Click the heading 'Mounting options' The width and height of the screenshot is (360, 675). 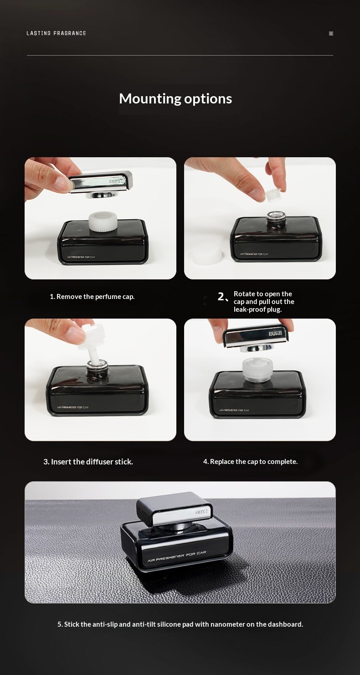[175, 99]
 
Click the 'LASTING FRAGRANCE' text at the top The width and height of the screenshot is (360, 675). [57, 33]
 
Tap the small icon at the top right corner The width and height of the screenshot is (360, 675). [331, 33]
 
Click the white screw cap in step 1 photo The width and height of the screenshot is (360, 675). [103, 222]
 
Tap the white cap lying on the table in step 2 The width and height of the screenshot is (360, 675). [206, 253]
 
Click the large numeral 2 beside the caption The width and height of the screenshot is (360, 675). [221, 297]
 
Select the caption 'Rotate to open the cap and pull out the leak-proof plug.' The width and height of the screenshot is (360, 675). [264, 302]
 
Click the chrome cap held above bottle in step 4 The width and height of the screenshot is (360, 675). [256, 337]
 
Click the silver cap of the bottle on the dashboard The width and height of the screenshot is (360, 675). [174, 509]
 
